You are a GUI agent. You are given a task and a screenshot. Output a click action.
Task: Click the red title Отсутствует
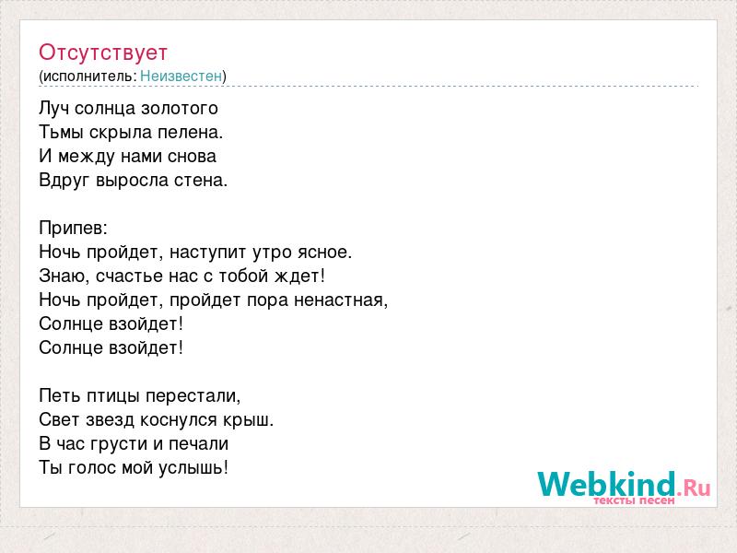point(103,53)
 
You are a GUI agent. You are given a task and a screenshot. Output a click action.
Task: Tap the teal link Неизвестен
point(181,76)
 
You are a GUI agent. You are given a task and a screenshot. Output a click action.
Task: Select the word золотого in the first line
point(180,109)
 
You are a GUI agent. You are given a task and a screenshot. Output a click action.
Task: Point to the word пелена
point(190,132)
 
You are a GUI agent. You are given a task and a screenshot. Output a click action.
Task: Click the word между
point(87,157)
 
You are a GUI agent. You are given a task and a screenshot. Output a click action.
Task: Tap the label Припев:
point(74,229)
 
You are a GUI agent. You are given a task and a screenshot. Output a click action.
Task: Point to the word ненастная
point(341,300)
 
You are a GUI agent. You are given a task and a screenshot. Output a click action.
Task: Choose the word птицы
point(113,396)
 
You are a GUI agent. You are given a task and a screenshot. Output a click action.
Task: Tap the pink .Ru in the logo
point(694,488)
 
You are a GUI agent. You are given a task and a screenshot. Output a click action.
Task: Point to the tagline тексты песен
point(634,500)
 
